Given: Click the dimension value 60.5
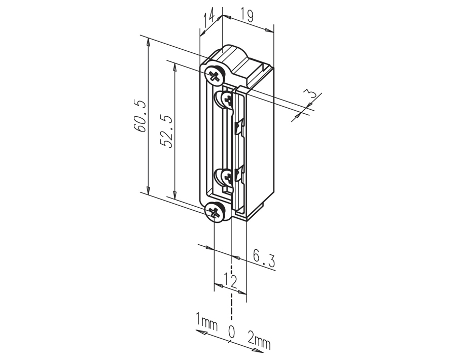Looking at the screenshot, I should tap(141, 116).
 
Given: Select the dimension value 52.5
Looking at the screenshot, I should tap(167, 132).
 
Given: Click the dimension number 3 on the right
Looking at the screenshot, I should tap(311, 94).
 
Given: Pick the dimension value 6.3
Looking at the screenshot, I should tap(263, 259).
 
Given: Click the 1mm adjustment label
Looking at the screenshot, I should tap(206, 321).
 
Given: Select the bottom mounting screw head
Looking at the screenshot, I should tap(215, 211).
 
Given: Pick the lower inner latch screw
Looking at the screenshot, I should tap(227, 177).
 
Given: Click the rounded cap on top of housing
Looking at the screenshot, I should tap(233, 54).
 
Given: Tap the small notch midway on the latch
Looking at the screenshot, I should tap(239, 127).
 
